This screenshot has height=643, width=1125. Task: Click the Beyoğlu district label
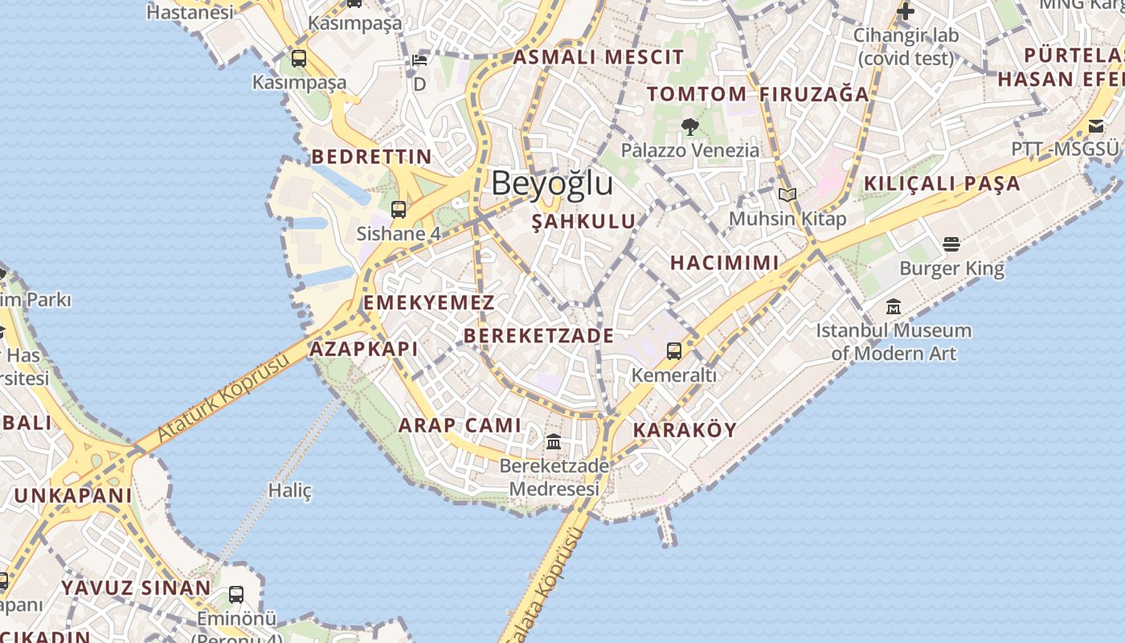coord(552,183)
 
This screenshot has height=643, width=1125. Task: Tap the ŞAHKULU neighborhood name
coord(583,222)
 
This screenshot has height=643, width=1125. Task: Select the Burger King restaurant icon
coord(951,244)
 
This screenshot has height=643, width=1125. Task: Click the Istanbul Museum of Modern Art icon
coord(894,307)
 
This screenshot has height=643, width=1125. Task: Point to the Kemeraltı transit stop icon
coord(673,351)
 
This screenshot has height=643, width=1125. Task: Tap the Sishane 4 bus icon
coord(398,210)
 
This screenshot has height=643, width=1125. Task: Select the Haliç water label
coord(289,489)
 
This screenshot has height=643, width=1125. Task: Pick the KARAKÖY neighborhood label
coord(685,429)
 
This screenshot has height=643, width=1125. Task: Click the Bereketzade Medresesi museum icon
coord(554,441)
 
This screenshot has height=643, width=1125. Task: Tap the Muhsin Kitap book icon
coord(787,195)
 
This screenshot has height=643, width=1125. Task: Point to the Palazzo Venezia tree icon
coord(689,126)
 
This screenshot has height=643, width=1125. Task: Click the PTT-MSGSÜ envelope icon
coord(1096,125)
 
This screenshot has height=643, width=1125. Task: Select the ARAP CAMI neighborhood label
coord(460,425)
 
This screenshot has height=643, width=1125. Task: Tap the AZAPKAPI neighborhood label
coord(364,349)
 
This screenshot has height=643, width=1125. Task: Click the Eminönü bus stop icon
coord(235,595)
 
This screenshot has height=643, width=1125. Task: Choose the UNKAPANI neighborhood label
coord(72,495)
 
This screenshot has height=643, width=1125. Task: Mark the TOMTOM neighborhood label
coord(697,94)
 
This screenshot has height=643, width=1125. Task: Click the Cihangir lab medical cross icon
coord(906,12)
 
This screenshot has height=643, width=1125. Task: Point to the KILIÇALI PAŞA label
coord(942,183)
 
